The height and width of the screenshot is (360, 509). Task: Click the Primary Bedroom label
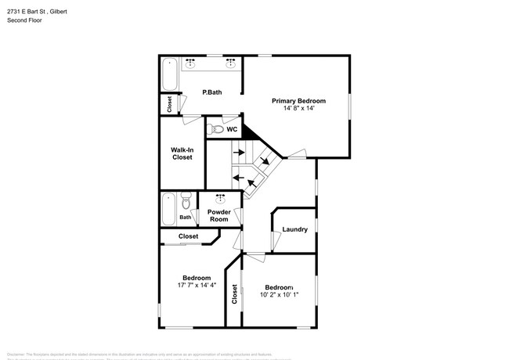click(298, 101)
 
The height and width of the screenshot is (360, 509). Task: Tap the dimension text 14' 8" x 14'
click(298, 109)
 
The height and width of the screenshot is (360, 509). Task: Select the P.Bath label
click(212, 92)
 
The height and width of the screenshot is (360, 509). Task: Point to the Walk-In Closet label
click(182, 153)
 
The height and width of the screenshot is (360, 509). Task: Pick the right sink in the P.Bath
click(231, 62)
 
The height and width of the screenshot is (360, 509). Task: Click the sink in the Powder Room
click(220, 197)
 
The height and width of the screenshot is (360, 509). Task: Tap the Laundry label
click(294, 229)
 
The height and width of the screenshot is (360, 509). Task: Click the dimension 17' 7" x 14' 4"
click(197, 285)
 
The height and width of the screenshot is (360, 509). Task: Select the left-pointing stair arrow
click(238, 177)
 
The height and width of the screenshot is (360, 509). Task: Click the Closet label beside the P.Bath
click(169, 103)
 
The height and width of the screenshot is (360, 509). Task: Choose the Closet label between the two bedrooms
click(234, 293)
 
